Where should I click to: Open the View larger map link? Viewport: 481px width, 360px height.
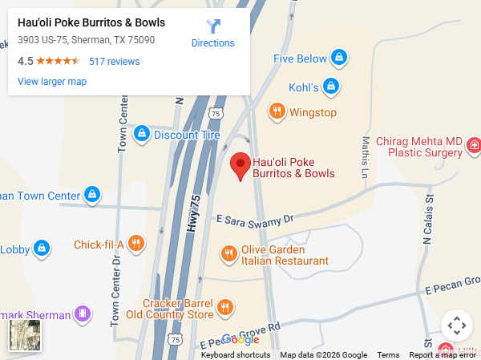[52, 81]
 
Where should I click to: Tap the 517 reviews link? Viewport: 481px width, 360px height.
[114, 61]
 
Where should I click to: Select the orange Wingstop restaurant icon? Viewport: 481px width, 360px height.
[277, 111]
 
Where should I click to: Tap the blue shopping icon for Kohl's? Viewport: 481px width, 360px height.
[332, 86]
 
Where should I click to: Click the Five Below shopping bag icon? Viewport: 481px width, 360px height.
[339, 59]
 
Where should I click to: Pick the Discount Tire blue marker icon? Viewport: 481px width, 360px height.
[142, 134]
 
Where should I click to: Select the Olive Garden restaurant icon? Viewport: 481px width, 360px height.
[228, 254]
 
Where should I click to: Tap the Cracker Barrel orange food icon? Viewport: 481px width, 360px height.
[225, 308]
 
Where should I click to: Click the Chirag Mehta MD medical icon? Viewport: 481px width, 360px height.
[474, 146]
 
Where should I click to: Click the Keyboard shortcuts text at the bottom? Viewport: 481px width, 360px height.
[235, 355]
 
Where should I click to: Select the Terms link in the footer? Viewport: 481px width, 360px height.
[388, 355]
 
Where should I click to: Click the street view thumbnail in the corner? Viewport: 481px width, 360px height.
[24, 336]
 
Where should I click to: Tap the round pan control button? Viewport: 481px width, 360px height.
[457, 326]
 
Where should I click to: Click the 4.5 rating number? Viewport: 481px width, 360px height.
[25, 61]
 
